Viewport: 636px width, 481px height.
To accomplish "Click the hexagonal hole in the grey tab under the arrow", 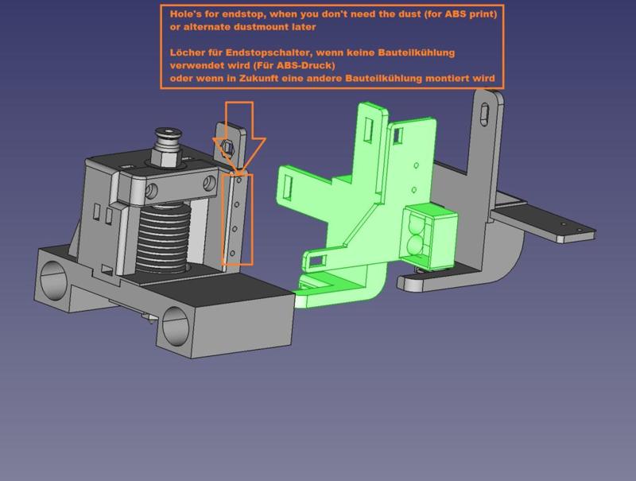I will (x=227, y=145).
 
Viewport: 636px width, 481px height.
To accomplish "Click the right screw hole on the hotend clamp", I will (x=209, y=184).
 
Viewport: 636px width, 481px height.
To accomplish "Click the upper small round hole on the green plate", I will (x=415, y=165).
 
